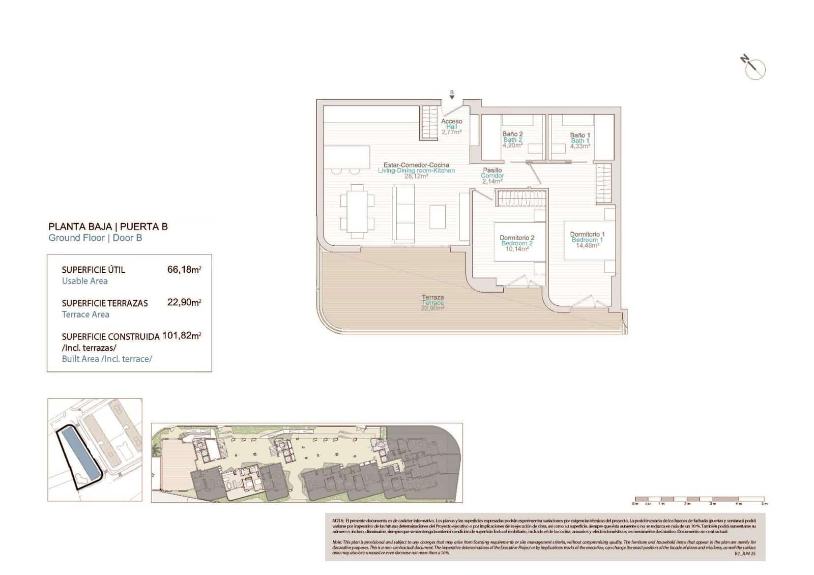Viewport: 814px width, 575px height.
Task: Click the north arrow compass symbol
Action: (x=754, y=67)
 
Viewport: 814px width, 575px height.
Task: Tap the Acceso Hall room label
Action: (x=451, y=127)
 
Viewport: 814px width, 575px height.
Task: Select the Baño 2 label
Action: (x=512, y=139)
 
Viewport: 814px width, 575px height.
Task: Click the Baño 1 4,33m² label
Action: (x=580, y=140)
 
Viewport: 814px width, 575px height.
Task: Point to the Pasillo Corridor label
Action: (x=492, y=176)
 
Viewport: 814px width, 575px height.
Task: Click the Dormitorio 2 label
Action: (x=517, y=243)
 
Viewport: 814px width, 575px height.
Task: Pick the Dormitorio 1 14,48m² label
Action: (x=587, y=240)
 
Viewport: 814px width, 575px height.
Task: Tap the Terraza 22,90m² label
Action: (x=432, y=302)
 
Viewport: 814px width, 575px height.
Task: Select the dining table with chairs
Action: (x=357, y=211)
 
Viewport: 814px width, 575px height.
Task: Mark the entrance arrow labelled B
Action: (x=452, y=95)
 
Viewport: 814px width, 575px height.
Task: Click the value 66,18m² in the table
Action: (x=184, y=270)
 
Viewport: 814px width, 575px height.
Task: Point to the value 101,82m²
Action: (x=182, y=336)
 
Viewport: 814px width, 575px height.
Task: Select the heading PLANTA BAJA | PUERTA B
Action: (x=108, y=226)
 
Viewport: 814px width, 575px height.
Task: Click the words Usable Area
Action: (x=84, y=281)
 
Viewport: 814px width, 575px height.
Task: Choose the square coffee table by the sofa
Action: (x=438, y=216)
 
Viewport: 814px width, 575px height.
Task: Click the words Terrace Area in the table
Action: (x=85, y=314)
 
